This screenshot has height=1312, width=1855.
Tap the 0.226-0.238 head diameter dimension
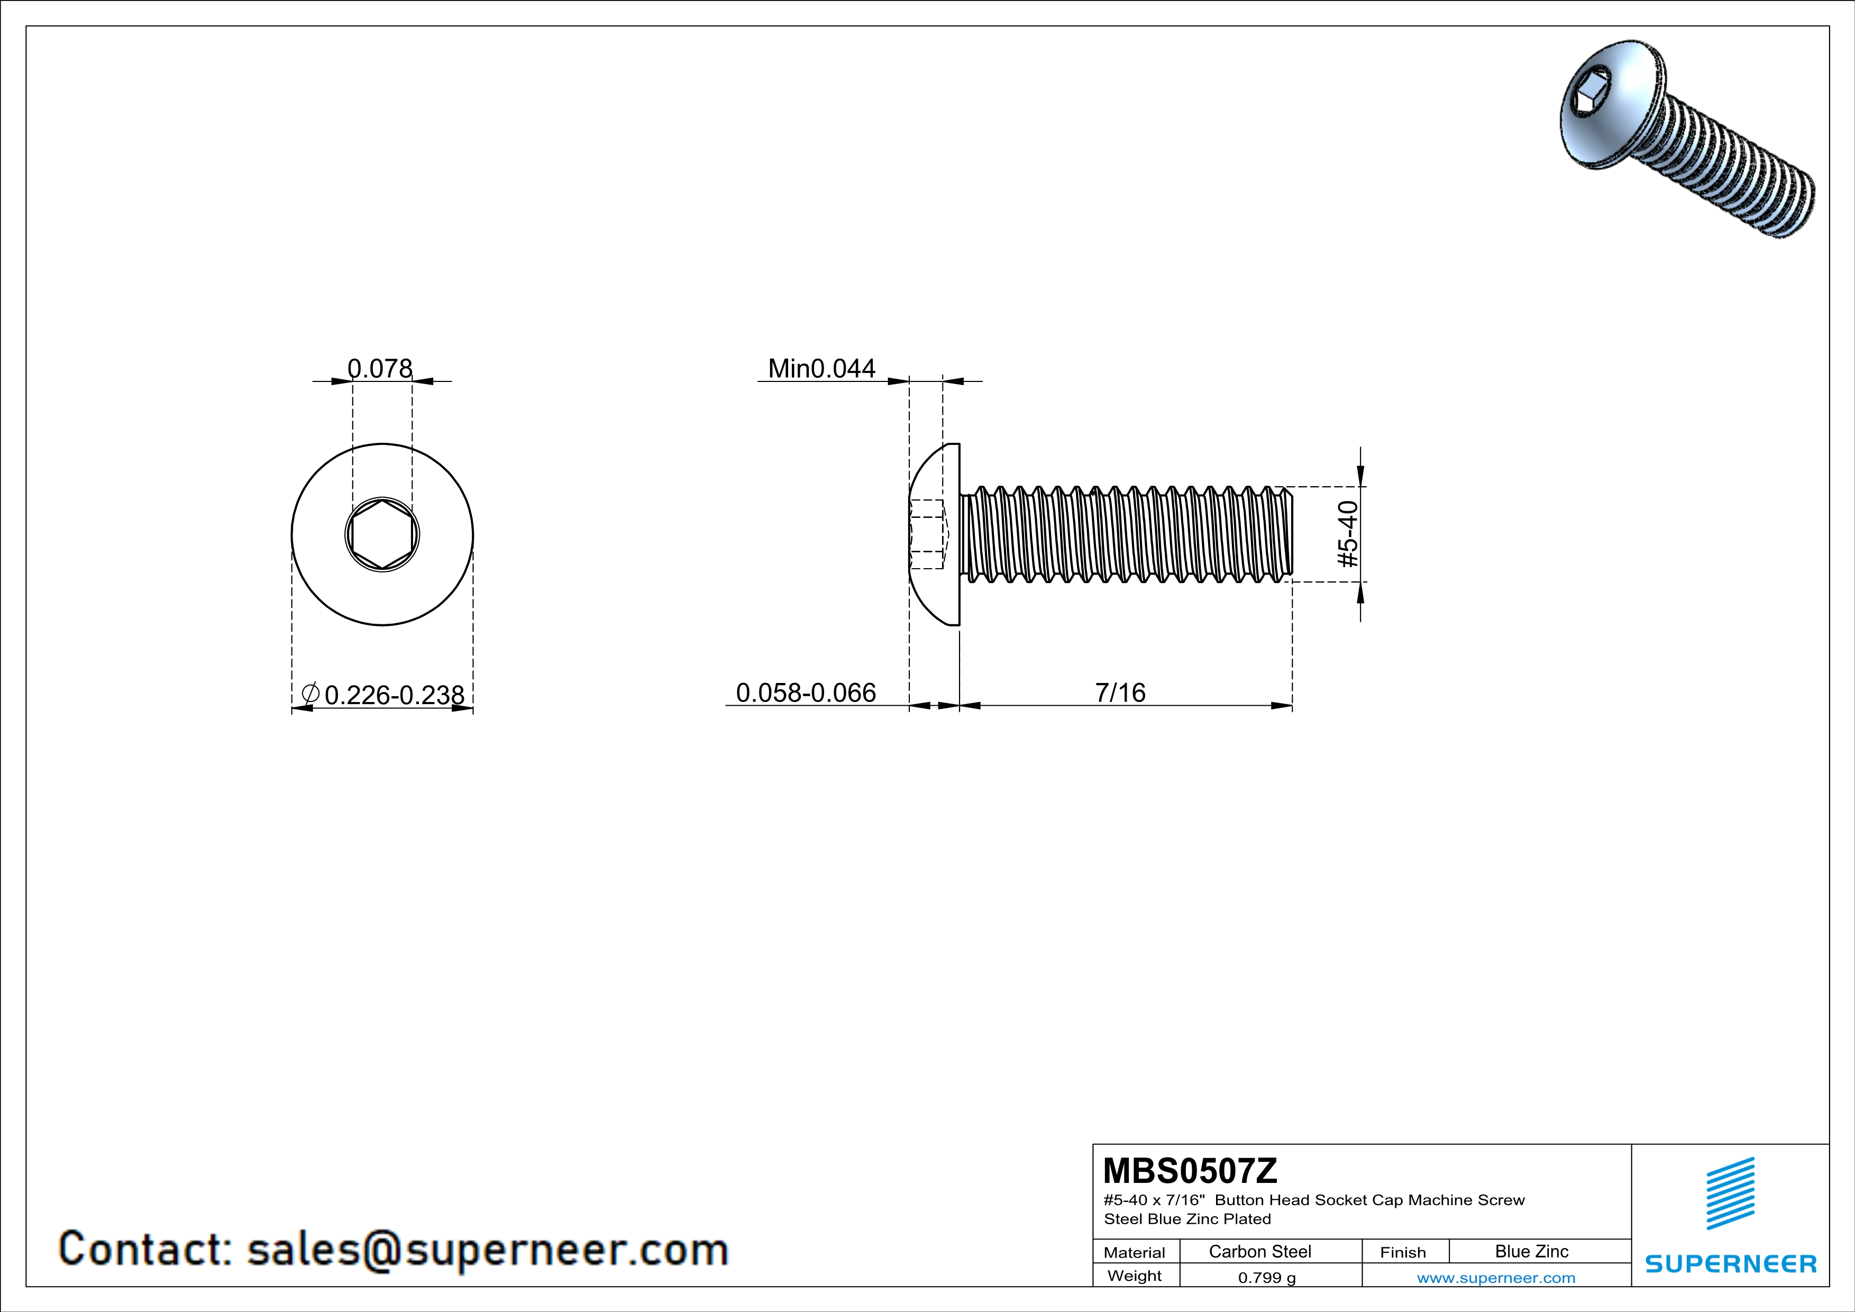(394, 695)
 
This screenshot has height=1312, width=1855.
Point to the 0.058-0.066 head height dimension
(806, 693)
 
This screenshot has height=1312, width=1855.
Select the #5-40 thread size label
(1348, 534)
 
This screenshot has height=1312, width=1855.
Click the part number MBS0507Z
(1190, 1171)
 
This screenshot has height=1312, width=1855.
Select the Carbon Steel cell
(1259, 1251)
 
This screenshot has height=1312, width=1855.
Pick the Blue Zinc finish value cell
(1531, 1251)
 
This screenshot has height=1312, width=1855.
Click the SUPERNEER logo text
(1731, 1263)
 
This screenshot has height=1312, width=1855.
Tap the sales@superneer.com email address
(487, 1249)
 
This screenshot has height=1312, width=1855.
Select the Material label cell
(1135, 1252)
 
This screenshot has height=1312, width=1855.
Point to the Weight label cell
(1135, 1275)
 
